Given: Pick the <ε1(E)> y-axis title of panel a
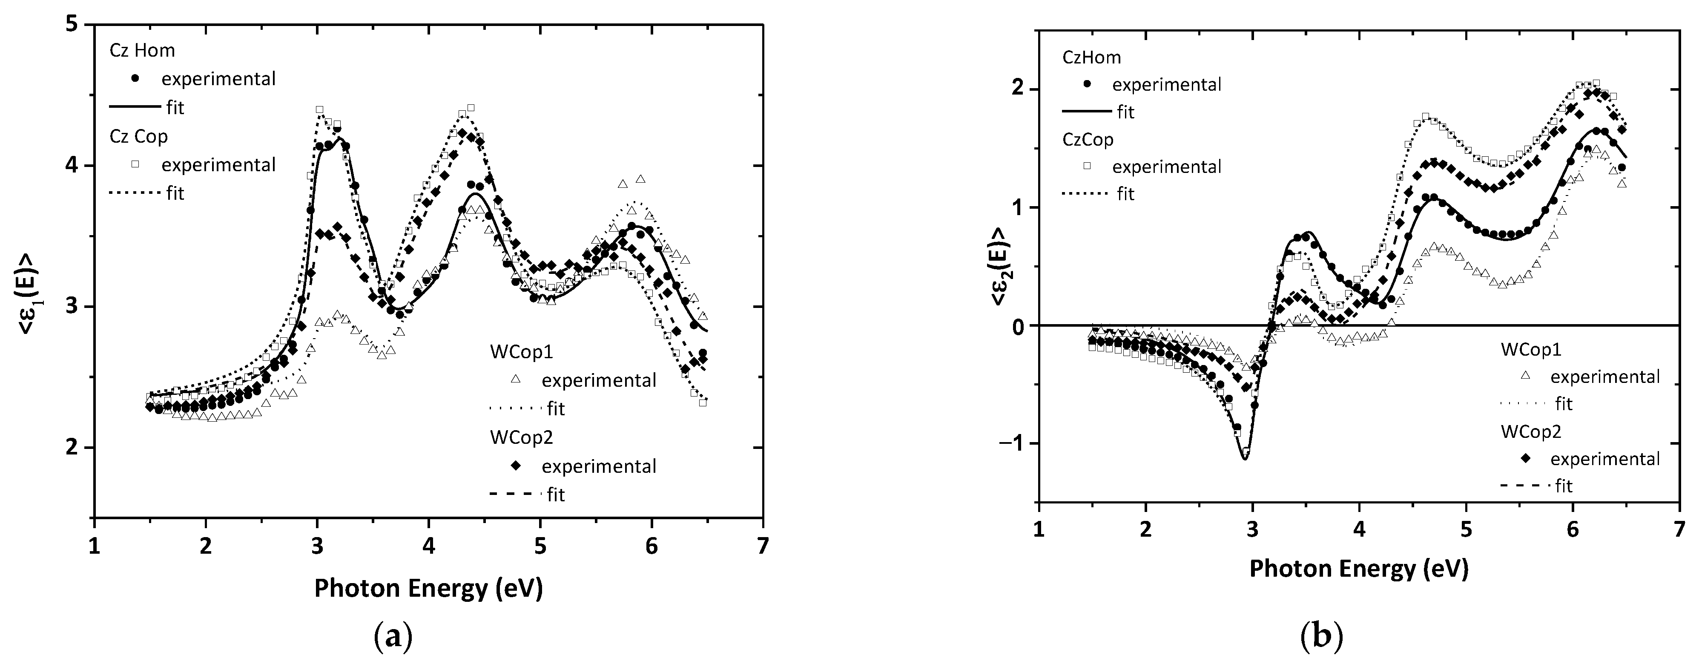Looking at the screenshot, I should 30,273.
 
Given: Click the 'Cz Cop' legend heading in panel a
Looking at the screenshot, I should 138,137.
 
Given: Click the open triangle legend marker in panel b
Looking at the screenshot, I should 1524,377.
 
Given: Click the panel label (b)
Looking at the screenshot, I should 1321,637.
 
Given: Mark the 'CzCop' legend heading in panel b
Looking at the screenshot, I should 1088,140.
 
